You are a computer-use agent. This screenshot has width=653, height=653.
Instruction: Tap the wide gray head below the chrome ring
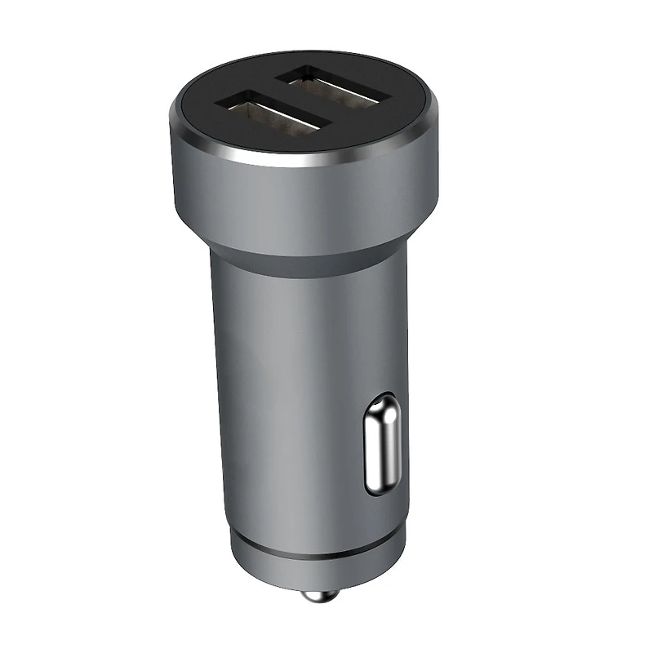302,200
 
